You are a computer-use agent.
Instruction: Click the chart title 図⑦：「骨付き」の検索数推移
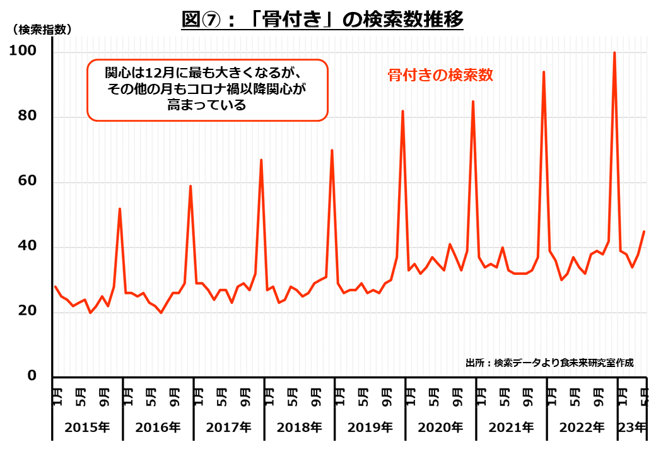322,20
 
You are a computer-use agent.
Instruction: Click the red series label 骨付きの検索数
440,75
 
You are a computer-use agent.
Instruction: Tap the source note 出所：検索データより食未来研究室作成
549,363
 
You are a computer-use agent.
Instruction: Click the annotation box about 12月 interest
207,90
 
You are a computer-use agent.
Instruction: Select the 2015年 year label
87,428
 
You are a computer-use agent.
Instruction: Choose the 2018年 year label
299,428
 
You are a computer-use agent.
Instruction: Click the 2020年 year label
440,428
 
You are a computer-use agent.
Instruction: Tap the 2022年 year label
582,428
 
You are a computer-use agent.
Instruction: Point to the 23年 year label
632,428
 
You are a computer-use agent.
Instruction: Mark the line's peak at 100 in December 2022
614,52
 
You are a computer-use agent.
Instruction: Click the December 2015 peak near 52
120,209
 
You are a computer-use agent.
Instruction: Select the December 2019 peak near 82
402,111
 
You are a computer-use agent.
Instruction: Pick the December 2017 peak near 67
261,160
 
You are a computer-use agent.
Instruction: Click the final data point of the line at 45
644,231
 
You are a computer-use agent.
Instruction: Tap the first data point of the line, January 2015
55,286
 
